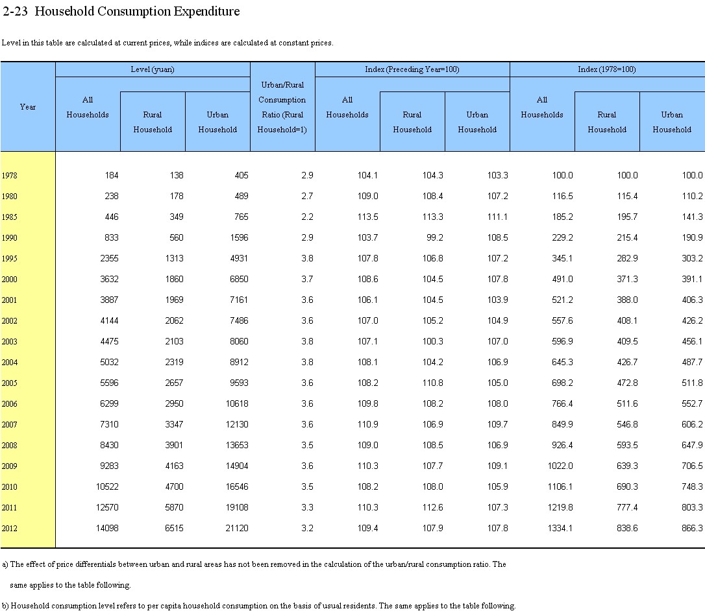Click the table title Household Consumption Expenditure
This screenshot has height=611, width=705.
(137, 11)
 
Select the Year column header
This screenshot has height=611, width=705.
(28, 107)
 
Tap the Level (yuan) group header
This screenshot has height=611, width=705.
(153, 69)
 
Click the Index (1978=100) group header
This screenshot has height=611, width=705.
(606, 69)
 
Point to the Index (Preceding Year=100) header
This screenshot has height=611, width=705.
(412, 69)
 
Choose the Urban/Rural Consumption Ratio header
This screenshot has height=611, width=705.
(282, 107)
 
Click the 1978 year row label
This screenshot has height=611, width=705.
(10, 176)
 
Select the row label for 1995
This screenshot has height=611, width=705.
(10, 259)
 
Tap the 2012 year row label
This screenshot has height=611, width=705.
(10, 529)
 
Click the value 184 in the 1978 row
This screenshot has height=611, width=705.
(112, 175)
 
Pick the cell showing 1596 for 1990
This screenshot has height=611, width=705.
(239, 237)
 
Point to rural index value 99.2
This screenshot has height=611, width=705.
(435, 237)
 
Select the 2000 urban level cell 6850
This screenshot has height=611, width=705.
(239, 279)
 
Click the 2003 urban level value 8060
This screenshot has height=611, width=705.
(239, 341)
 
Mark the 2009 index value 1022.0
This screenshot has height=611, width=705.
(560, 466)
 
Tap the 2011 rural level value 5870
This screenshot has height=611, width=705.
(174, 507)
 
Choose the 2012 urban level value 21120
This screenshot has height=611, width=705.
(237, 528)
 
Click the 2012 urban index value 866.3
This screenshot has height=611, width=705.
(692, 528)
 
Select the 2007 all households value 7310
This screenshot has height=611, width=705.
(109, 424)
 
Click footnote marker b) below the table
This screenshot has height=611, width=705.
(5, 606)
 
